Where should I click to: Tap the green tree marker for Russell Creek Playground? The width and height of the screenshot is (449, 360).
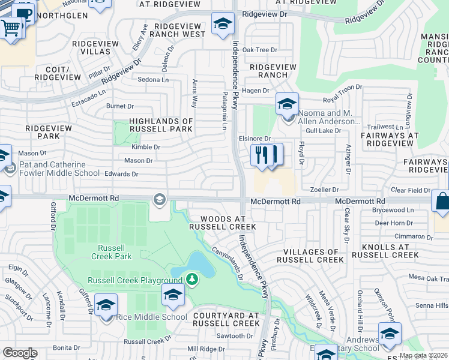[191, 279]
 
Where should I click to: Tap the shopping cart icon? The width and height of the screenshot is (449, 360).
[10, 28]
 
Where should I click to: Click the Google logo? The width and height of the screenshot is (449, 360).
[20, 353]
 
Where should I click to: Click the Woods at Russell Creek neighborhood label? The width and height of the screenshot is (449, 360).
[222, 223]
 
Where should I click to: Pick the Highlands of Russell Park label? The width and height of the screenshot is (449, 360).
[154, 125]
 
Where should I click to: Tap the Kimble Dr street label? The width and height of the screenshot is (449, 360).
[146, 147]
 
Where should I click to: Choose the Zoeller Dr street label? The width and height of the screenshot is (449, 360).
[324, 190]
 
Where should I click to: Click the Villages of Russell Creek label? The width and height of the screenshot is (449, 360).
[310, 256]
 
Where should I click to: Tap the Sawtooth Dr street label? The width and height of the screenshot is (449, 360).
[232, 335]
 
